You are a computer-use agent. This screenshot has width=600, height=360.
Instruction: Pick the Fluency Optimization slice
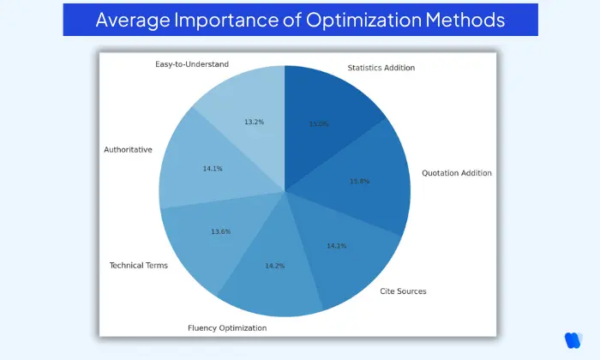click(274, 270)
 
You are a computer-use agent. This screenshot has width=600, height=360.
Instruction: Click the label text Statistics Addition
click(381, 67)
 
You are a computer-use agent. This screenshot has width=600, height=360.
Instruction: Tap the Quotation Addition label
click(457, 173)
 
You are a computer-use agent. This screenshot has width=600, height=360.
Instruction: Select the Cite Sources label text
click(403, 291)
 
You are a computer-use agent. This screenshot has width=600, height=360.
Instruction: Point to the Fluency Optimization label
click(227, 327)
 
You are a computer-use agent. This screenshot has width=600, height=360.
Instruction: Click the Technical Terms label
click(139, 265)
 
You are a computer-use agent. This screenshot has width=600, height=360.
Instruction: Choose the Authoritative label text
click(128, 149)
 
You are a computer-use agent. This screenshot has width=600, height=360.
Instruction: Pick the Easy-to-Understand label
click(192, 63)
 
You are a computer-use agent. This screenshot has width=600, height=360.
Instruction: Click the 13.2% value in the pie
click(254, 122)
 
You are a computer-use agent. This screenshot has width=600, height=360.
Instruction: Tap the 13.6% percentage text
click(221, 231)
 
